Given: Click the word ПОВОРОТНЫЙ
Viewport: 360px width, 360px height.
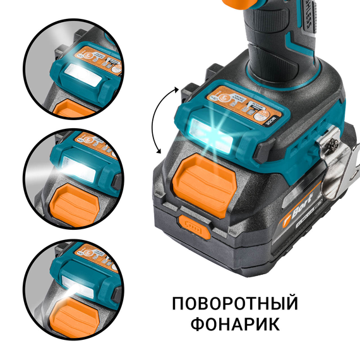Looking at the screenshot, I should point(235,304).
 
